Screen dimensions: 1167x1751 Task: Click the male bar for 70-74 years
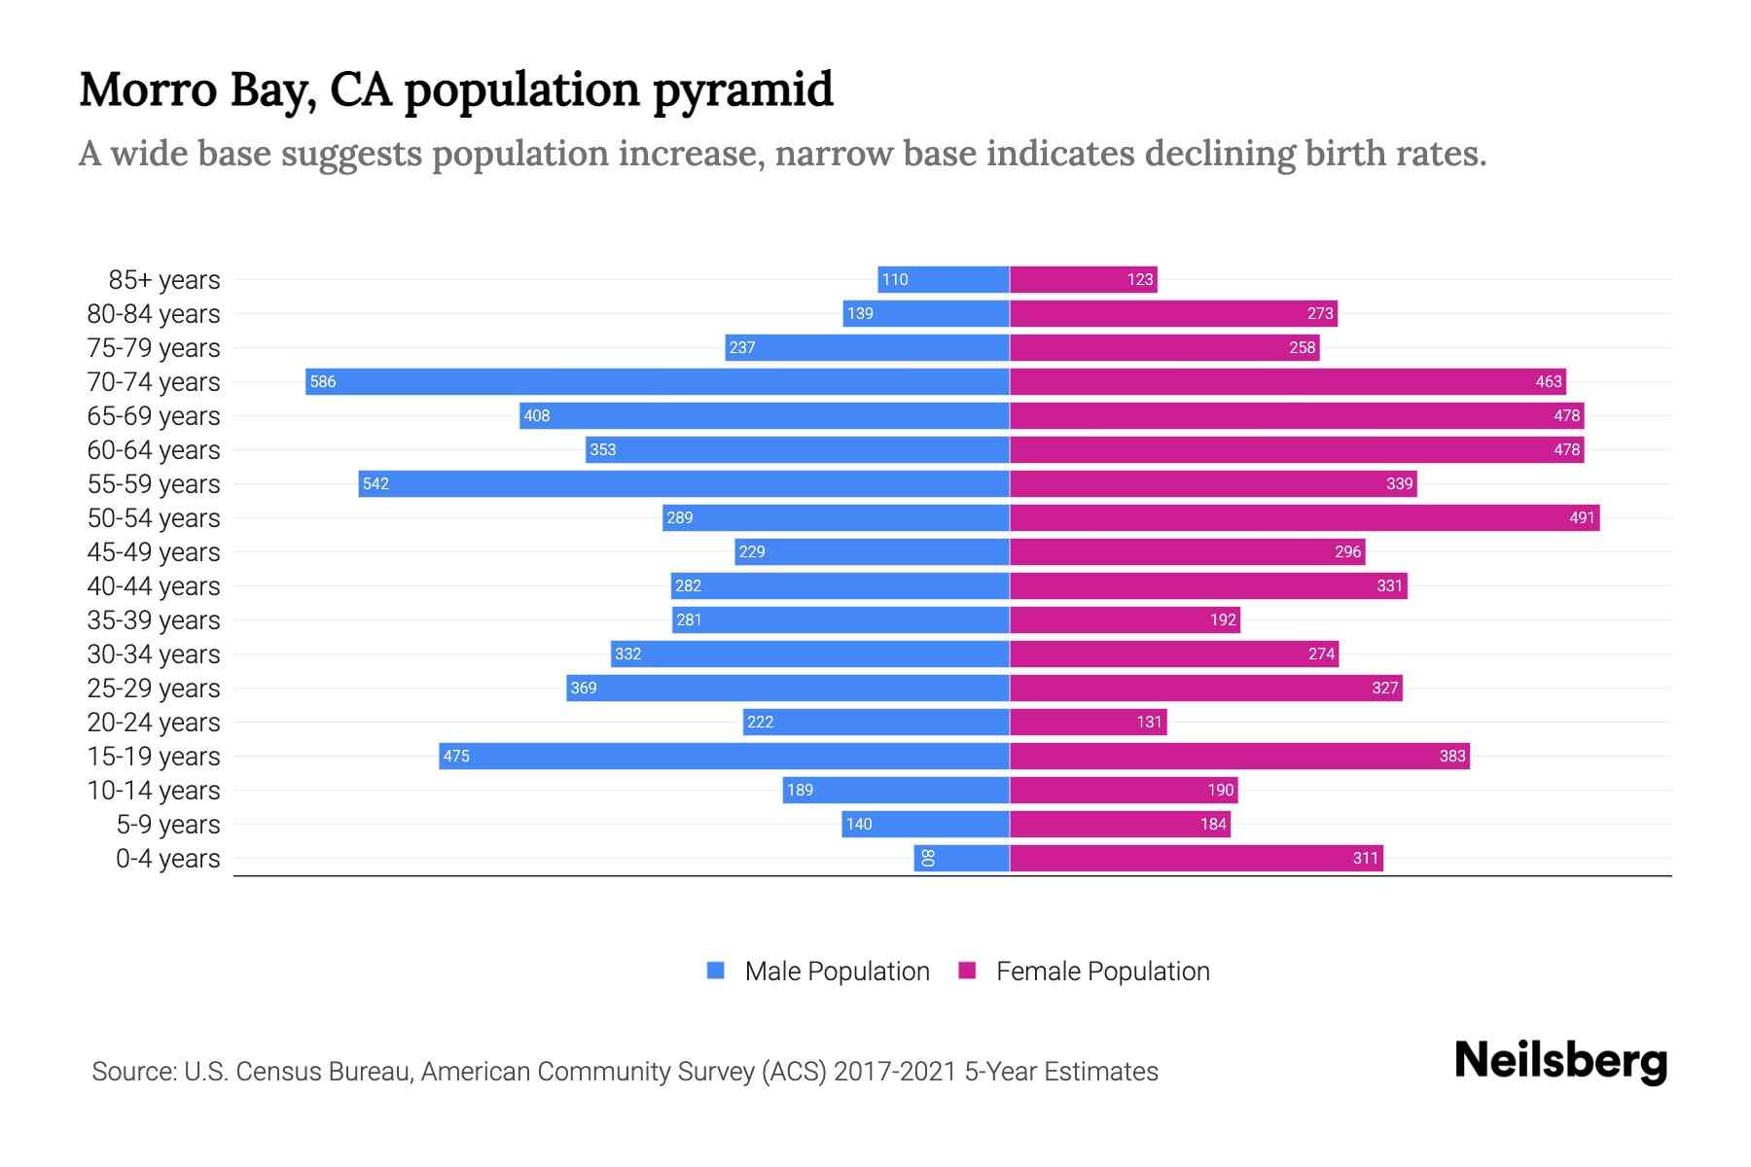point(658,381)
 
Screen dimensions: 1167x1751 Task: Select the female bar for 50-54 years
point(1304,517)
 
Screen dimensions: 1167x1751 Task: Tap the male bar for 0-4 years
point(961,858)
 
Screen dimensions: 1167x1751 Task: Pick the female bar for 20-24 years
point(1088,722)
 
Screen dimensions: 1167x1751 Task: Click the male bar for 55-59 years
point(684,483)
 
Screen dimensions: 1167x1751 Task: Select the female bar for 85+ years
point(1084,280)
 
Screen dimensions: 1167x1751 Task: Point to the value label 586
point(323,382)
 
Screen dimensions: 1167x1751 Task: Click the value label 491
point(1582,518)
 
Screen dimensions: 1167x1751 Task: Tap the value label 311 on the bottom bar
point(1366,858)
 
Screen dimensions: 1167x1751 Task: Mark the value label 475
point(456,757)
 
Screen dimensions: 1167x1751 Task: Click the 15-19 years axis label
point(154,757)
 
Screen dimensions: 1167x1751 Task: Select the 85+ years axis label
point(164,280)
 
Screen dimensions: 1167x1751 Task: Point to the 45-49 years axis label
point(154,552)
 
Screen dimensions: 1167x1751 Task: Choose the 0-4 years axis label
point(168,859)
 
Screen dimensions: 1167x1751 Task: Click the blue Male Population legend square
point(716,971)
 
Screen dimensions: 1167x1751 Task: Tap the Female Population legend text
point(1102,972)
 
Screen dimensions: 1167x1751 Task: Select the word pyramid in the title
point(742,90)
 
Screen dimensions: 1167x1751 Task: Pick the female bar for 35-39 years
point(1125,619)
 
